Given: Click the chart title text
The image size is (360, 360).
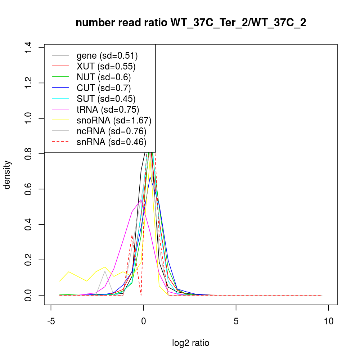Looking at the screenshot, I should (x=191, y=23).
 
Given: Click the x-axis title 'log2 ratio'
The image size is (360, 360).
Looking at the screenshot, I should (x=191, y=343).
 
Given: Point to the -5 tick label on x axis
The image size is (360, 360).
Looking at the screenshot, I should (x=51, y=321).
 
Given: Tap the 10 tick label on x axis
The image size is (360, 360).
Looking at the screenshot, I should (x=328, y=321).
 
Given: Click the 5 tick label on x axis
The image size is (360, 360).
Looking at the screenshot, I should (x=236, y=321).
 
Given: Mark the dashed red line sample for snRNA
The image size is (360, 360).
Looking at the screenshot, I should (x=60, y=142).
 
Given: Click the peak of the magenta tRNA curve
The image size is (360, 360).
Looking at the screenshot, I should (x=141, y=200).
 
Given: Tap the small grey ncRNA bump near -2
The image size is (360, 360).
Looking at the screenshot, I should (x=105, y=271).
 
